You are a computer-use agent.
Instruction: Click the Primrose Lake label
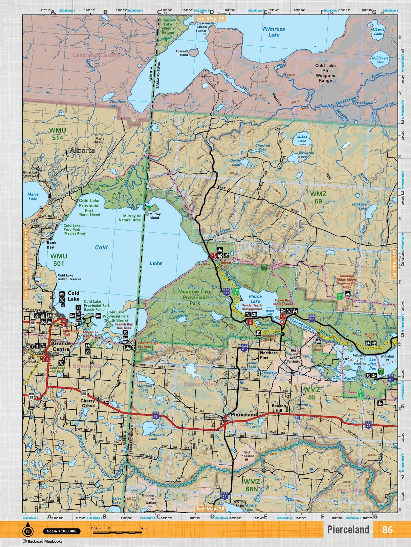coord(274,32)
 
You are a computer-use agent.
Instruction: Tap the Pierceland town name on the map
coord(244,414)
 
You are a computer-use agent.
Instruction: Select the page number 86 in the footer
coord(387,529)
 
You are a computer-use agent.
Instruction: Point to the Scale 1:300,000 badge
coord(62,531)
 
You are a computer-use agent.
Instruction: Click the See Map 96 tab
coord(210,18)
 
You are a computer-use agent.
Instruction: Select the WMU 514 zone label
coord(58,134)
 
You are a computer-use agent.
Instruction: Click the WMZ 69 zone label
coord(318,197)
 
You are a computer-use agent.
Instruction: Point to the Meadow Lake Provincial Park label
coord(195,297)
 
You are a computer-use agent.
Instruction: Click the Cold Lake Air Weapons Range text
coord(325,73)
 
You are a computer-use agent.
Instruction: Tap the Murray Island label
coord(154,216)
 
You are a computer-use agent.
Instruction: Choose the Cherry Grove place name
coord(88,403)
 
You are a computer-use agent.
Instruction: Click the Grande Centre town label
coord(62,346)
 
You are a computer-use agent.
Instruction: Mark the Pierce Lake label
coord(255,299)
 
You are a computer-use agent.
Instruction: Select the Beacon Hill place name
coord(279,408)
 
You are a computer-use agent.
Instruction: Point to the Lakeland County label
coord(96,55)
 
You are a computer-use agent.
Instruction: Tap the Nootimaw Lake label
coord(380,60)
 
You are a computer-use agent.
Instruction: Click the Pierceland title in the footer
coord(348,529)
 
